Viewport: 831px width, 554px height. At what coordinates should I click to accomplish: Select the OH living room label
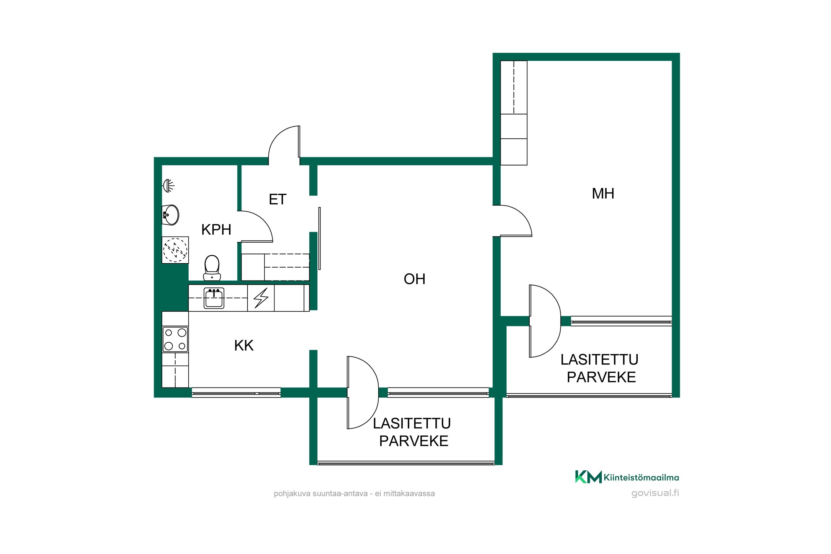click(x=414, y=279)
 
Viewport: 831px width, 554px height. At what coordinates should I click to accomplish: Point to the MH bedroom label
click(x=603, y=194)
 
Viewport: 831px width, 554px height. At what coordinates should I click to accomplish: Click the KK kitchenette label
click(x=244, y=345)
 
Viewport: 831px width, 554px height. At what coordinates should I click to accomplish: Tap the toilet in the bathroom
click(x=212, y=268)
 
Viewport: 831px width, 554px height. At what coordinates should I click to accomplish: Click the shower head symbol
click(x=168, y=185)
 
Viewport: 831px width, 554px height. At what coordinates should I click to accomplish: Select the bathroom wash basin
click(x=171, y=214)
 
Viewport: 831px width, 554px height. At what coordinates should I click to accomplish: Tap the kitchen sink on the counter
click(x=214, y=298)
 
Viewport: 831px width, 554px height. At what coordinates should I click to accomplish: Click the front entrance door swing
click(x=284, y=143)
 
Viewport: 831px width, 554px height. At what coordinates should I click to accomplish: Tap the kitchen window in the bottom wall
click(x=236, y=393)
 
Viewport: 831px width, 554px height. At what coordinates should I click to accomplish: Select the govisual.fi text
click(x=655, y=493)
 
